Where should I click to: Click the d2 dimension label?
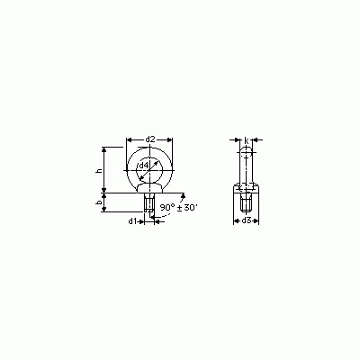point(150,139)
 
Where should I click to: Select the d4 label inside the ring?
point(143,166)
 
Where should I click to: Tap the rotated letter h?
point(99,171)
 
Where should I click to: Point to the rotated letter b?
point(99,203)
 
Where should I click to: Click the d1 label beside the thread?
point(133,221)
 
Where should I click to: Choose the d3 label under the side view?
point(246,220)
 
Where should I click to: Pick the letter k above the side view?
point(247,139)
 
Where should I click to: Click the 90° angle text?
point(167,207)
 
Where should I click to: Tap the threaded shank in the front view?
point(149,202)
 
